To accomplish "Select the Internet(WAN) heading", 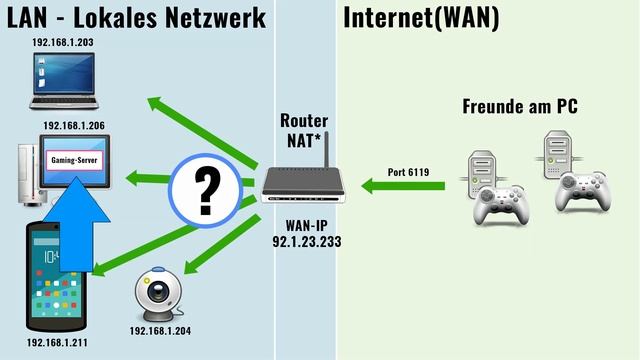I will [421, 18].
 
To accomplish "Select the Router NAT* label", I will [303, 129].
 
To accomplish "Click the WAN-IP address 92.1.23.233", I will [304, 241].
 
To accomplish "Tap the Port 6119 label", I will [408, 172].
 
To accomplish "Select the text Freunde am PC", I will [519, 106].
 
